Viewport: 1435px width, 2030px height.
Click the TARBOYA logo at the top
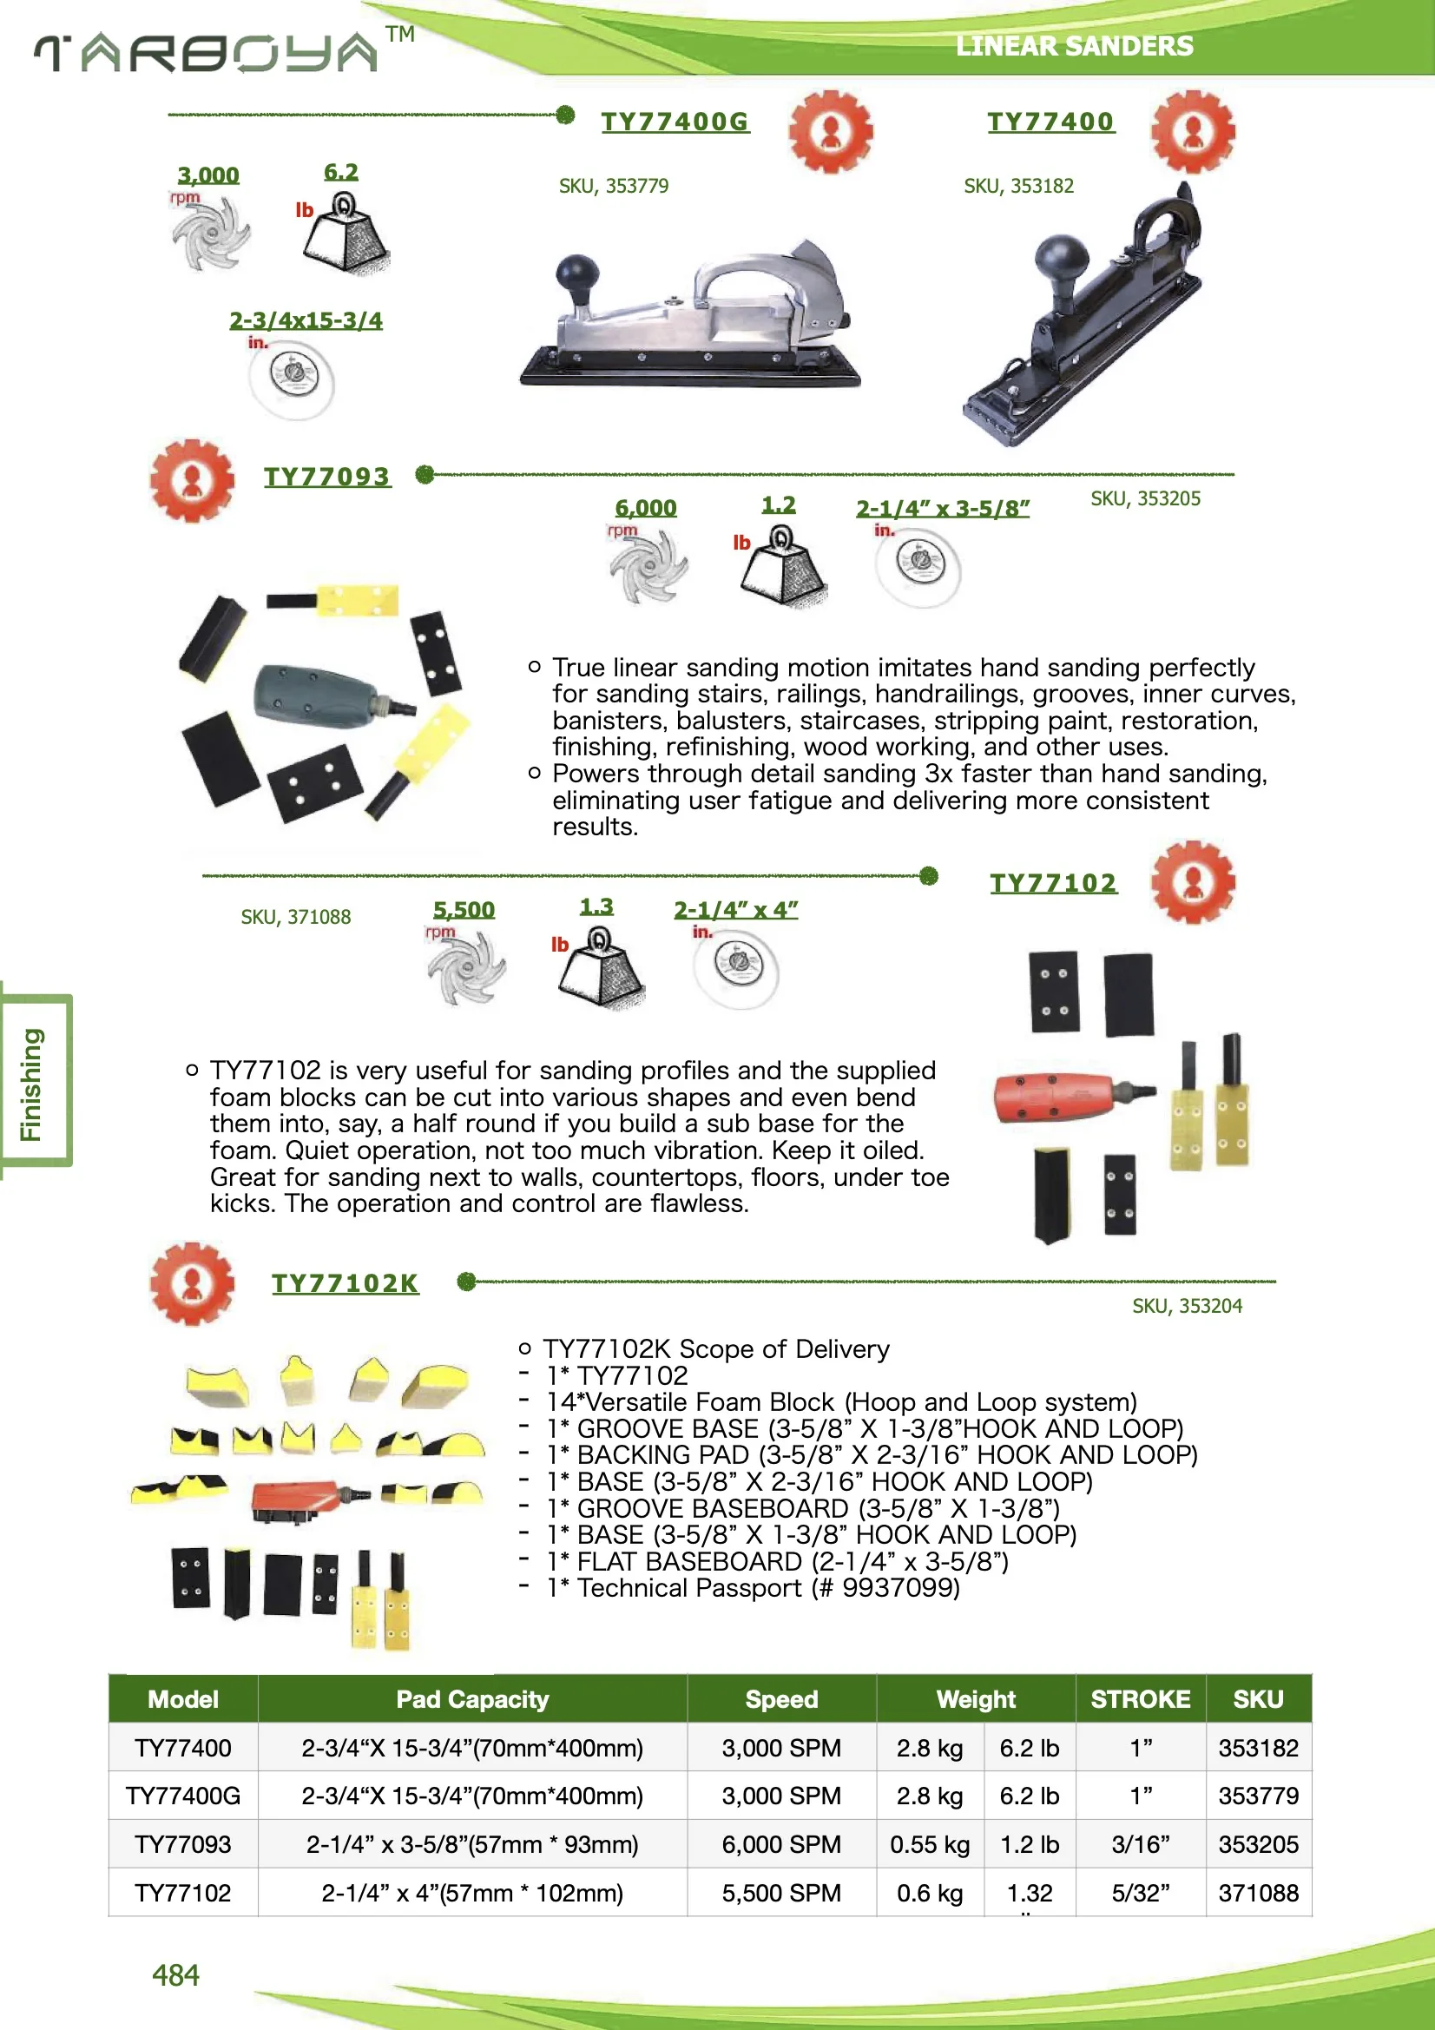[x=207, y=53]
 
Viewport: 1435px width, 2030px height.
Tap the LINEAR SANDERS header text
[x=1073, y=46]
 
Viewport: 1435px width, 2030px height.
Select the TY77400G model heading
[x=675, y=122]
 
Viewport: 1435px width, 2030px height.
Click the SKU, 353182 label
[x=1017, y=186]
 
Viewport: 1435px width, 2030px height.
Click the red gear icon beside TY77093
[x=192, y=481]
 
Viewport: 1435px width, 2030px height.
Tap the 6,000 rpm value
[x=645, y=509]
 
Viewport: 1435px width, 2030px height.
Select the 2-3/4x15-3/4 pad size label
[x=306, y=320]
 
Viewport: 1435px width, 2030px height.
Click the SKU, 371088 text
[x=295, y=917]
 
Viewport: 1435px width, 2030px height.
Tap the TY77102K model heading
[x=345, y=1283]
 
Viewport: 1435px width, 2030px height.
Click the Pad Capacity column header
[x=472, y=1699]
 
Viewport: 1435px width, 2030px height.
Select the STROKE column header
[x=1140, y=1699]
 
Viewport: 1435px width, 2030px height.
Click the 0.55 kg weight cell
[x=929, y=1844]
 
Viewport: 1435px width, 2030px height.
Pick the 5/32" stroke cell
[x=1140, y=1893]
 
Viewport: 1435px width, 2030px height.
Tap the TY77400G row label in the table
[x=183, y=1796]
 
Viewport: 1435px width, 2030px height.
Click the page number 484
[x=175, y=1975]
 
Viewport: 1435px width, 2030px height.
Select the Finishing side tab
[x=32, y=1084]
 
